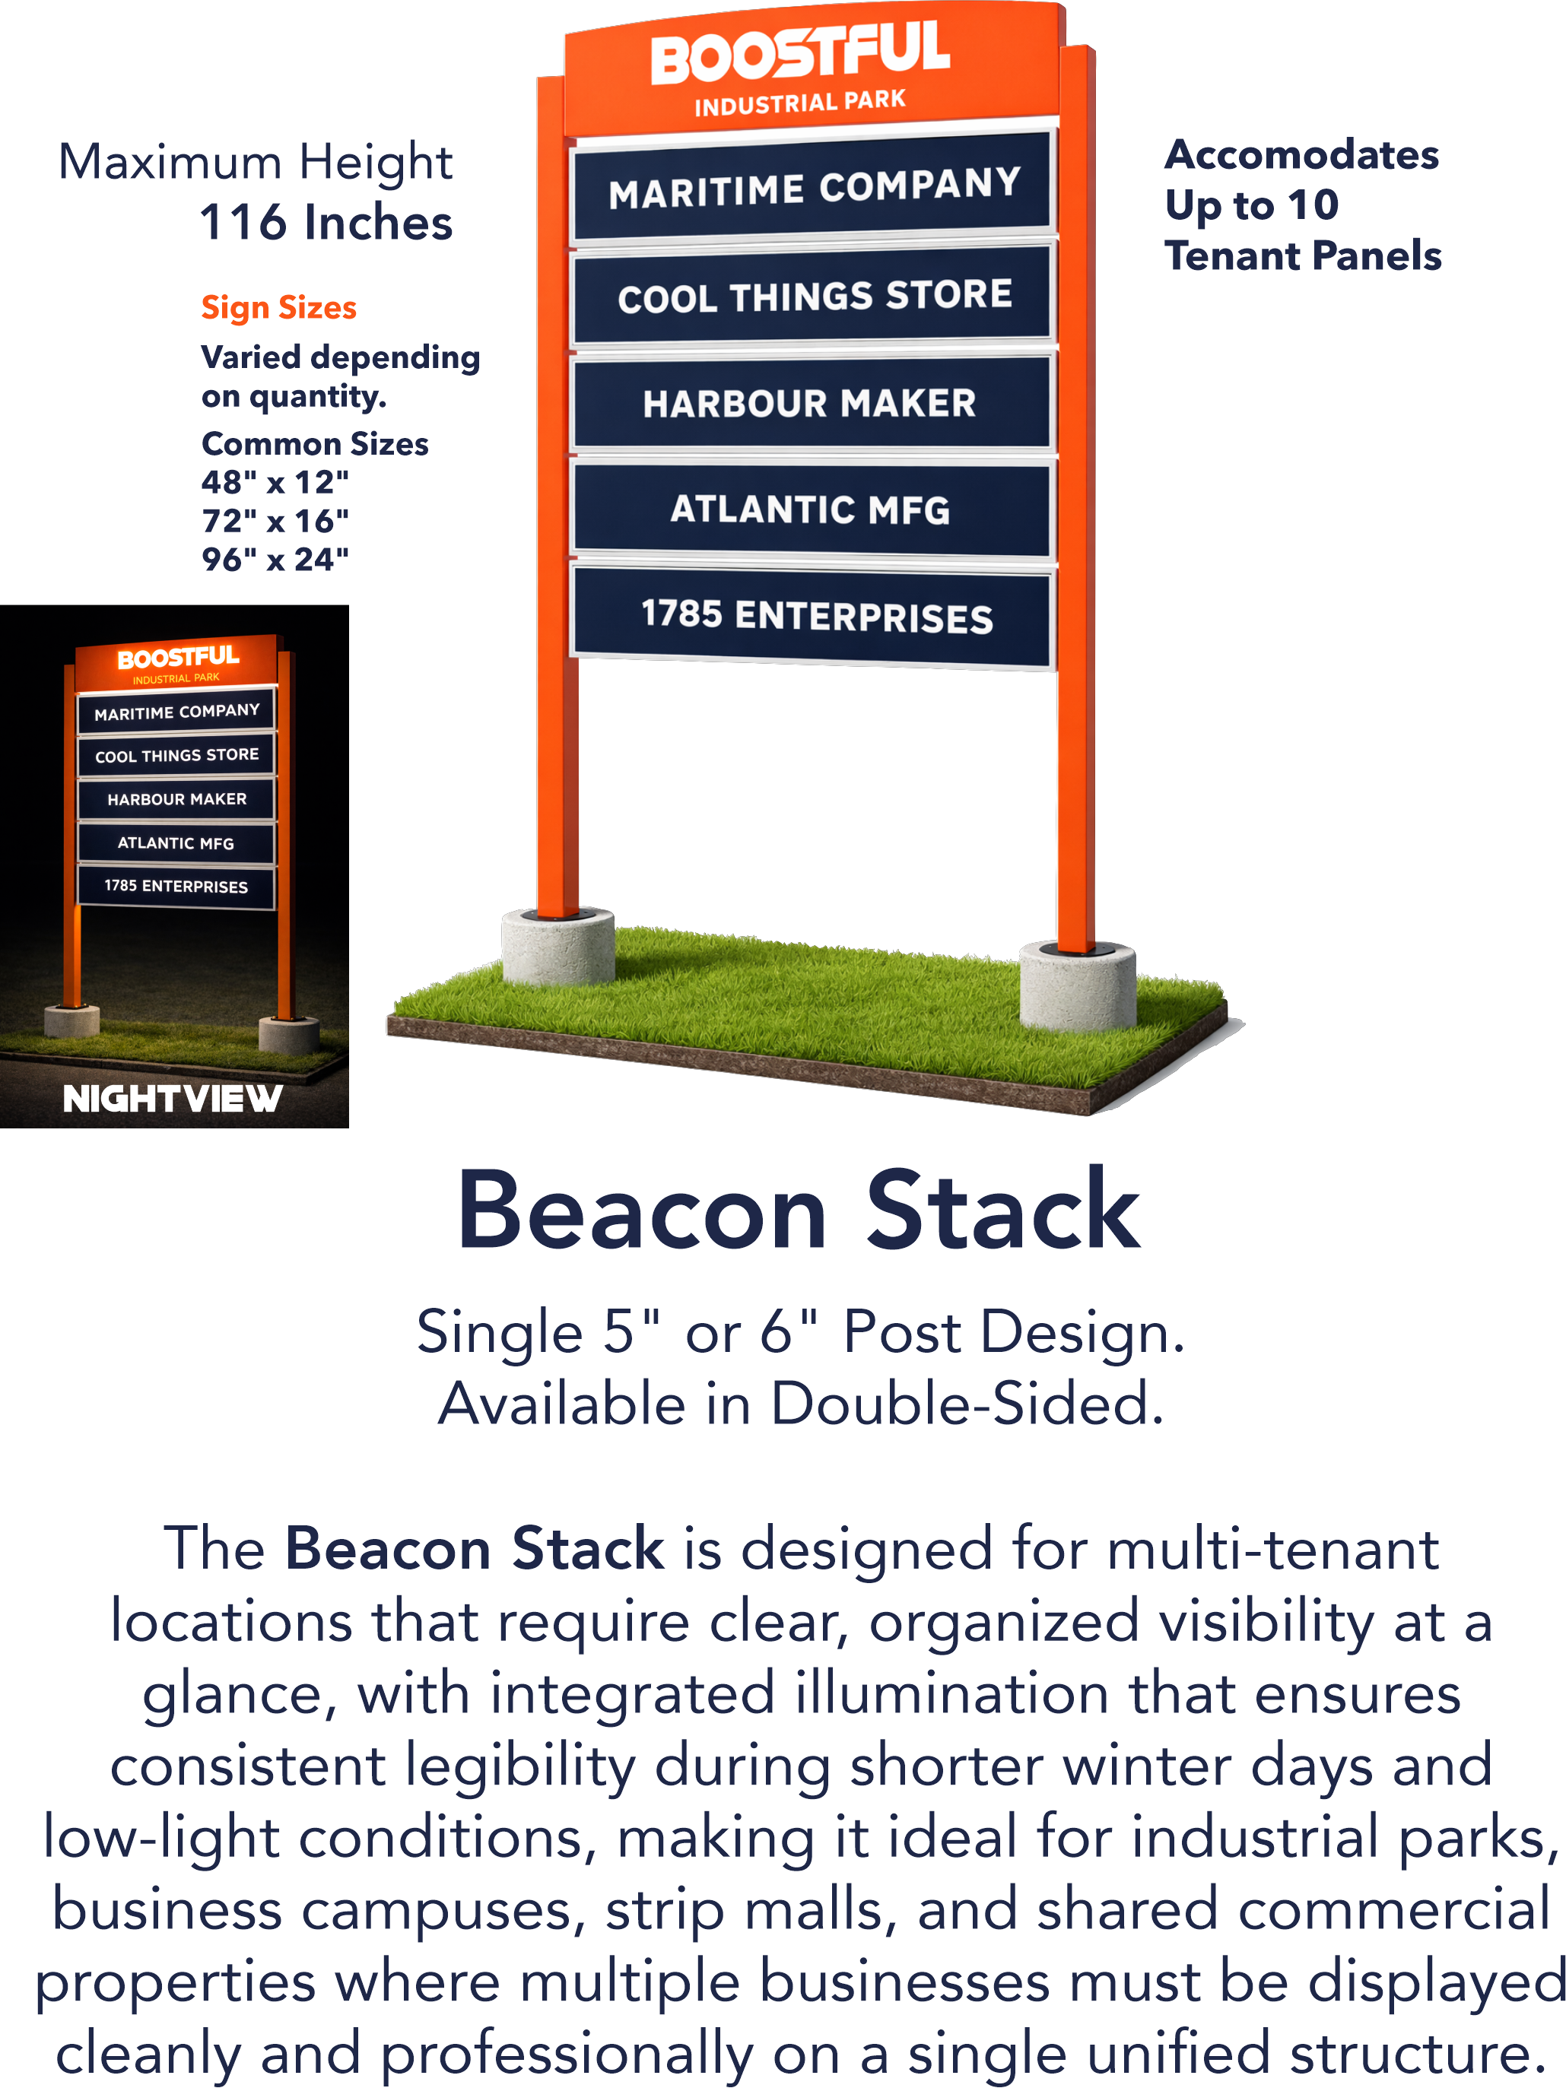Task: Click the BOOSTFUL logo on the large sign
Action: point(800,55)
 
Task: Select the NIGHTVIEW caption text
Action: point(173,1098)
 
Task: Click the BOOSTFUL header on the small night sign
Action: point(177,658)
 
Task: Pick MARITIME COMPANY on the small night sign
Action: point(176,712)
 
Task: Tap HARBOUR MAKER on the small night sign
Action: point(176,799)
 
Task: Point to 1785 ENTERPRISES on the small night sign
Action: point(176,887)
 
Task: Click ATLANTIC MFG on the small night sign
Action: point(176,843)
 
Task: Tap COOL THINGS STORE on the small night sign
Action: point(176,755)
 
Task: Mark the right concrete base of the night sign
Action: point(289,1035)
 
